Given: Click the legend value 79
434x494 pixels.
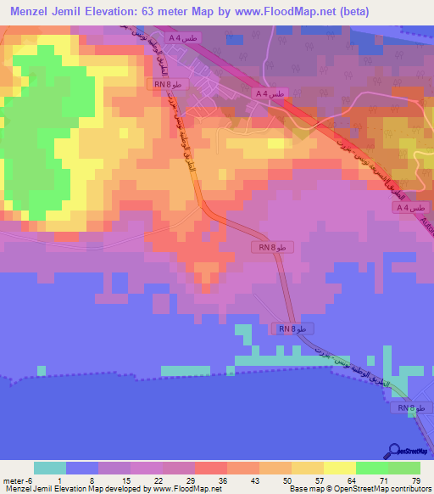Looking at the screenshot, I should click(x=415, y=480).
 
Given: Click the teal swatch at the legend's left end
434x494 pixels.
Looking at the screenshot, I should click(x=49, y=468).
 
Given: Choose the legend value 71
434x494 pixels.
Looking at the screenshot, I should click(x=382, y=480).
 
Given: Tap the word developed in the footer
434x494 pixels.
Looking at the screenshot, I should click(x=131, y=489).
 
